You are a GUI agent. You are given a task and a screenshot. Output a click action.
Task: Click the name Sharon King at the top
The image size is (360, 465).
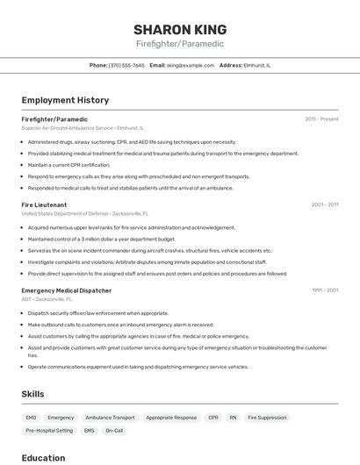[180, 29]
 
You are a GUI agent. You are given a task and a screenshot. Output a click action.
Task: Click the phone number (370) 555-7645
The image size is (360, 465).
[126, 65]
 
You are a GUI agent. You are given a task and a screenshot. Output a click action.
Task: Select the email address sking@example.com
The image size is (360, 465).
[191, 65]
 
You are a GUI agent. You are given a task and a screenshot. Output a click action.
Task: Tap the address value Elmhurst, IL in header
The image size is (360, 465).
[257, 65]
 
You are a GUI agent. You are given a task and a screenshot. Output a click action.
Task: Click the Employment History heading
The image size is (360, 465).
[65, 100]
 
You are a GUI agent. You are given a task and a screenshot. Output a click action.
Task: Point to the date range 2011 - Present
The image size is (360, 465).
[321, 118]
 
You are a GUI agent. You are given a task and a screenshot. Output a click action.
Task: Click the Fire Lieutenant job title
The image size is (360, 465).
[44, 204]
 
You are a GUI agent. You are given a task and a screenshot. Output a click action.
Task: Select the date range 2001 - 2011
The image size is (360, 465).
[324, 204]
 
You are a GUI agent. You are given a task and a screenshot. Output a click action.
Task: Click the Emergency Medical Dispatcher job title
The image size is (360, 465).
[66, 290]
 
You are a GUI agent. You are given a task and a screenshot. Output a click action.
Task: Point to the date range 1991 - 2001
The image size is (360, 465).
[324, 290]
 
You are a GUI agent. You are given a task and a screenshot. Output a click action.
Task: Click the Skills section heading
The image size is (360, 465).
[32, 394]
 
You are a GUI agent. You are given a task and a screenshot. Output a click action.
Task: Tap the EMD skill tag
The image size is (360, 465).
[32, 418]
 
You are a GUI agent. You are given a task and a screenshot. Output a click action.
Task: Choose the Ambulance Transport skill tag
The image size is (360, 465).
[110, 418]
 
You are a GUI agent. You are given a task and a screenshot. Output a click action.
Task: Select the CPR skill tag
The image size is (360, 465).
[213, 418]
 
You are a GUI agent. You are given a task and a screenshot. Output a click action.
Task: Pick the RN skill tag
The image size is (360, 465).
[233, 418]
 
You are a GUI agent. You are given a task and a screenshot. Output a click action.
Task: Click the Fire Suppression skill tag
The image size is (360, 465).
[267, 418]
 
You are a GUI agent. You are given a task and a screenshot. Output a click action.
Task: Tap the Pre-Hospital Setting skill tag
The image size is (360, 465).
[49, 431]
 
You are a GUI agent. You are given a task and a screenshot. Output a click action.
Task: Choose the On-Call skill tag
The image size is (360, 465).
[114, 431]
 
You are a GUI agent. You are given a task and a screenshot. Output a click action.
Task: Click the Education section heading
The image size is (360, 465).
[43, 458]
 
